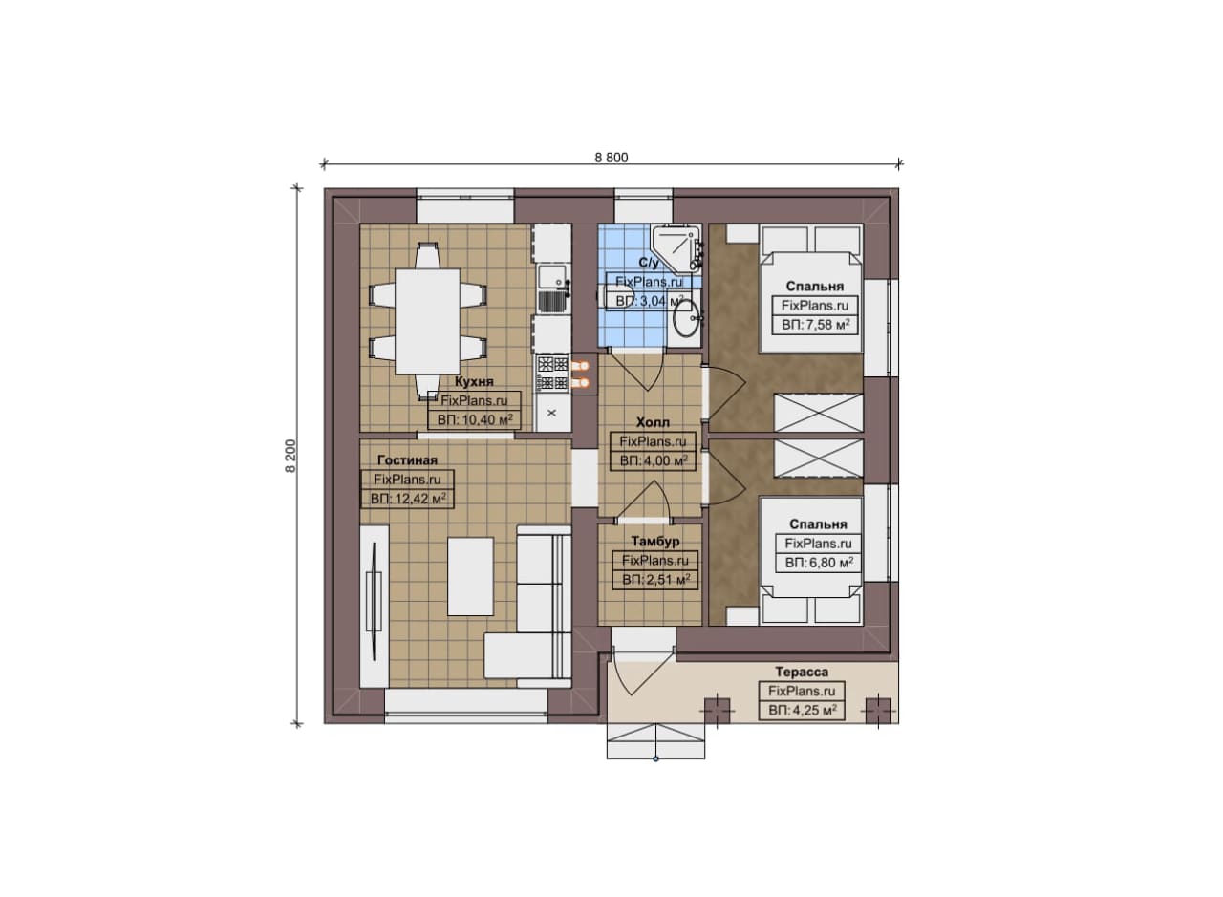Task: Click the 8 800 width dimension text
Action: point(611,158)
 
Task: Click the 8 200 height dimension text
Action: point(290,456)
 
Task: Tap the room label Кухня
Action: point(474,381)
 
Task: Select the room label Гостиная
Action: point(407,460)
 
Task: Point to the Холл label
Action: point(653,422)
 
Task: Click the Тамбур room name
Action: point(655,541)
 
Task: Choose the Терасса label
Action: point(802,672)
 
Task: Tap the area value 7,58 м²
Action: point(827,324)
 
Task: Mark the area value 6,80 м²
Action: point(831,563)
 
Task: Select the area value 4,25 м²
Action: point(815,710)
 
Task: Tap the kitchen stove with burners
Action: point(552,373)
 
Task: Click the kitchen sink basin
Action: point(549,277)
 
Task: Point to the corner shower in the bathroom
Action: point(676,247)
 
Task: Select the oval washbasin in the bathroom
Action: point(685,319)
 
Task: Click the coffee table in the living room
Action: point(471,576)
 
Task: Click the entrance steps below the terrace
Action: point(655,741)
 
